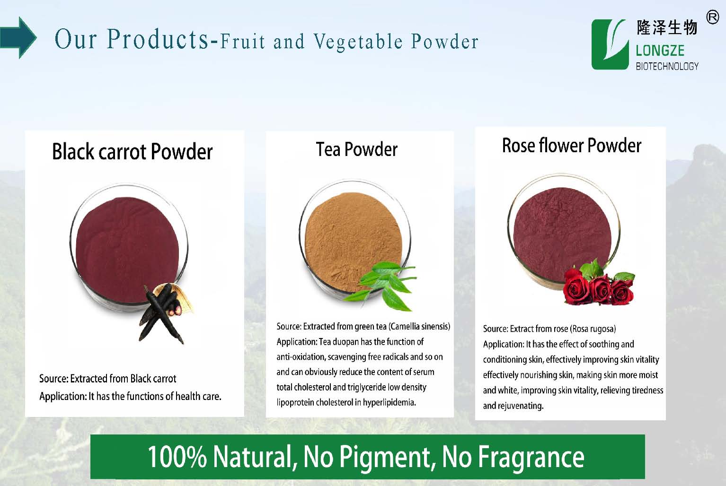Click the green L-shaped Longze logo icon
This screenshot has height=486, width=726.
click(x=610, y=44)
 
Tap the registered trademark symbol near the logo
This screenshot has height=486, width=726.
click(x=712, y=17)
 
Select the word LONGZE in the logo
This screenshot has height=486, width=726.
click(x=660, y=51)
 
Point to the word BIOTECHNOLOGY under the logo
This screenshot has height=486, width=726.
click(x=667, y=66)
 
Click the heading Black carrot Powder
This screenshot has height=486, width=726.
click(x=132, y=152)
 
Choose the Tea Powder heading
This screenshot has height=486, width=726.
click(x=357, y=149)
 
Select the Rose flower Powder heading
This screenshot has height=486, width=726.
click(x=572, y=146)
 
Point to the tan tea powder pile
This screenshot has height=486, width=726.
click(x=353, y=241)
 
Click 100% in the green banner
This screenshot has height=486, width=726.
click(x=177, y=457)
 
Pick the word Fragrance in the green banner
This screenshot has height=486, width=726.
click(x=531, y=458)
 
